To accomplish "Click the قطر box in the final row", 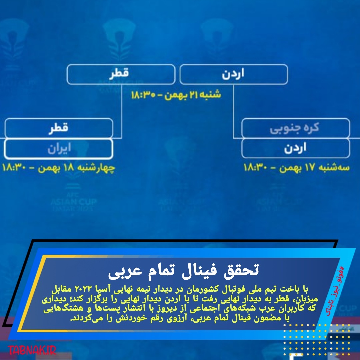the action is pos(121,74).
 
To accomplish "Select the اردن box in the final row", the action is pos(234,74).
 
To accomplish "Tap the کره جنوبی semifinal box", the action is pos(296,128).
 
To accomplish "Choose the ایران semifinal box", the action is pos(59,149).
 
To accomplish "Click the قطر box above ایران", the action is pos(59,128).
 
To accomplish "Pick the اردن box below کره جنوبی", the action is pos(296,148).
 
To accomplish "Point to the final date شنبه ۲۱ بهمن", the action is pos(193,95).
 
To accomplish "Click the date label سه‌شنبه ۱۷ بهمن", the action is pos(315,167).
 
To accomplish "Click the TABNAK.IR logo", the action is pos(32,350).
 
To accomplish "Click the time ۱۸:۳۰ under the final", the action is pos(143,95).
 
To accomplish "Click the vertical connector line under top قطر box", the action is pos(121,111).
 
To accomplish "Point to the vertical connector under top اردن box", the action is pos(233,111).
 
